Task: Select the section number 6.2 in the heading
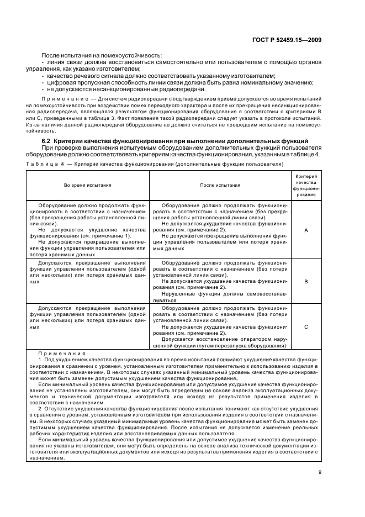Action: [47, 141]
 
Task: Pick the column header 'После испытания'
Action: [219, 186]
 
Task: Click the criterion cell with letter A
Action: [306, 230]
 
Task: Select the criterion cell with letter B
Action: [306, 281]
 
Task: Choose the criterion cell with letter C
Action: [306, 326]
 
